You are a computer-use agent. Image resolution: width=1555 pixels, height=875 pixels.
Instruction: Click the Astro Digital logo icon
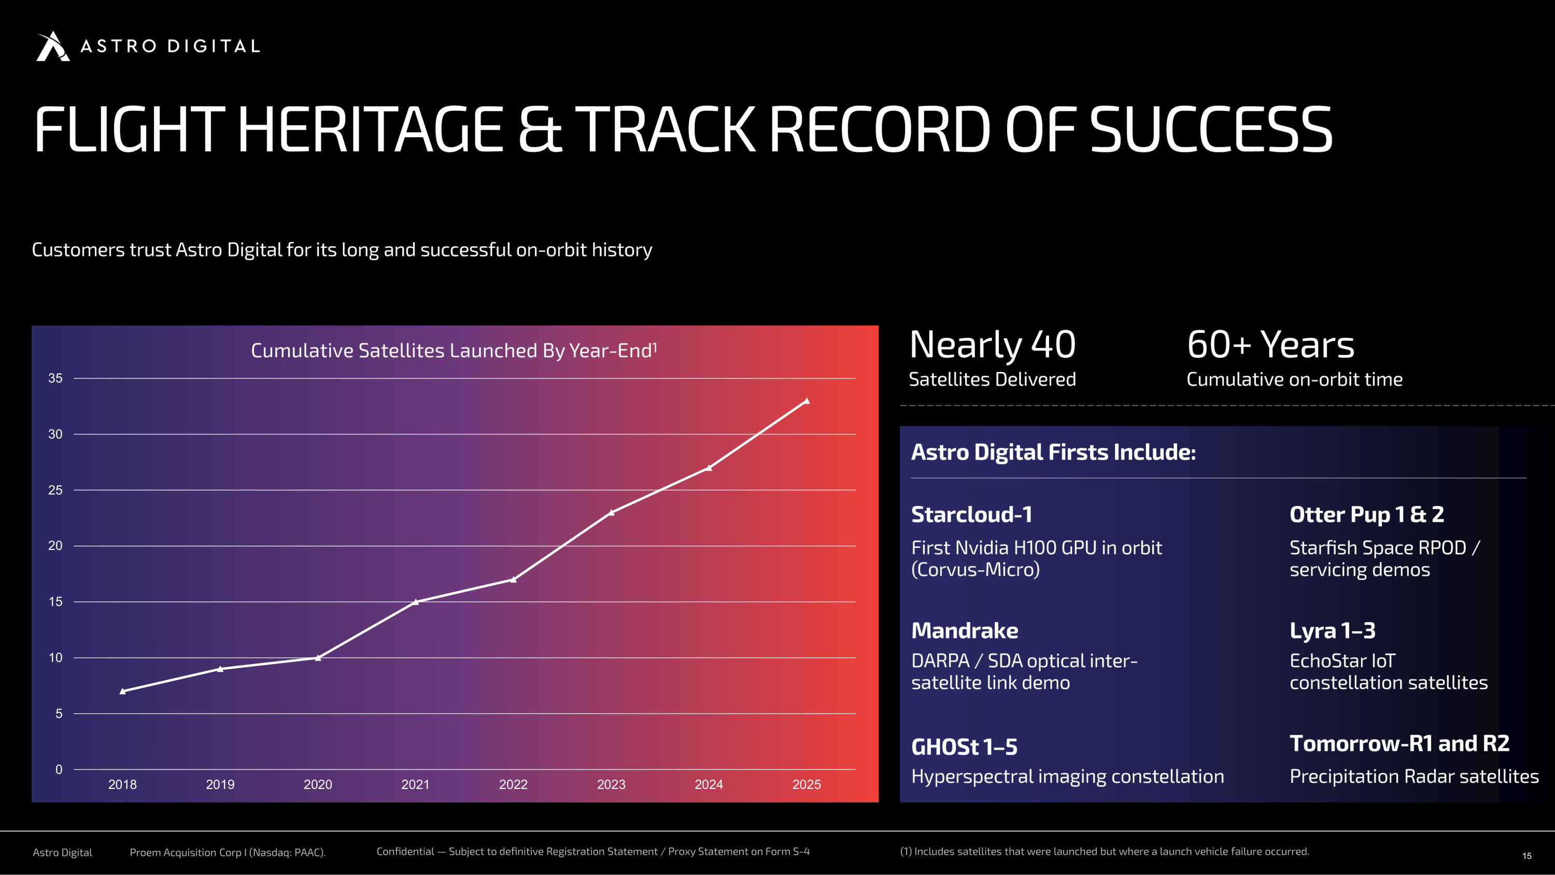[x=53, y=46]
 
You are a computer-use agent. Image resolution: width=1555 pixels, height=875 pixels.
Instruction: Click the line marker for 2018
[x=122, y=691]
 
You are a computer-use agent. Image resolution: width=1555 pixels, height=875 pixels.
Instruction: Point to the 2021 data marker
[x=416, y=601]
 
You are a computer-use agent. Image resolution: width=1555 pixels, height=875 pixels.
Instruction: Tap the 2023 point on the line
[x=612, y=513]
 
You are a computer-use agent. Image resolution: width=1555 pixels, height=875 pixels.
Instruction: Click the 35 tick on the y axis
[x=55, y=378]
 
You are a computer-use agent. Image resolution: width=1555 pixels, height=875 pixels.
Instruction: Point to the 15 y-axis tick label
[x=55, y=601]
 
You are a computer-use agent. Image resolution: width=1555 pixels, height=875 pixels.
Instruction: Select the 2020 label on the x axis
[x=318, y=784]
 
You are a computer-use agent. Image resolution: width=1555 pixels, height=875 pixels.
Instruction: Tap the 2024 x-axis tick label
[x=709, y=784]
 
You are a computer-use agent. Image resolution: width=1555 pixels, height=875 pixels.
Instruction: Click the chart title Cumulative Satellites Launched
[x=454, y=350]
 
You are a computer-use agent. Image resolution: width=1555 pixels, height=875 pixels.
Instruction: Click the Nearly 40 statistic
[x=993, y=345]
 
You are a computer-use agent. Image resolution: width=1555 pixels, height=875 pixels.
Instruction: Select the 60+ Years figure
[x=1270, y=345]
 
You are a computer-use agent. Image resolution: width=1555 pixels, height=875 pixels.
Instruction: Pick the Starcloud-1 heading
[x=972, y=515]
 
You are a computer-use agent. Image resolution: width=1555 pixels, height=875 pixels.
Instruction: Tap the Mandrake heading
[x=965, y=630]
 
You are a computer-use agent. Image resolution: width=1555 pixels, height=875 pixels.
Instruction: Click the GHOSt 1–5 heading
[x=964, y=747]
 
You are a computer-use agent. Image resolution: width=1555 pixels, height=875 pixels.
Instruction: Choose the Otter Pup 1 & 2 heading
[x=1367, y=515]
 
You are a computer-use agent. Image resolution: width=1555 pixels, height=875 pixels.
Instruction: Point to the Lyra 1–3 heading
[x=1332, y=630]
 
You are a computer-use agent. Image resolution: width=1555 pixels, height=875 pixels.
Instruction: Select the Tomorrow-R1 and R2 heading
[x=1399, y=743]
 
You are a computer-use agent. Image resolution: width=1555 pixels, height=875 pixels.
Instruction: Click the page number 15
[x=1526, y=856]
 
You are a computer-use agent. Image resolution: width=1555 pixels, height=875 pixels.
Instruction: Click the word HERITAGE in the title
[x=370, y=129]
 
